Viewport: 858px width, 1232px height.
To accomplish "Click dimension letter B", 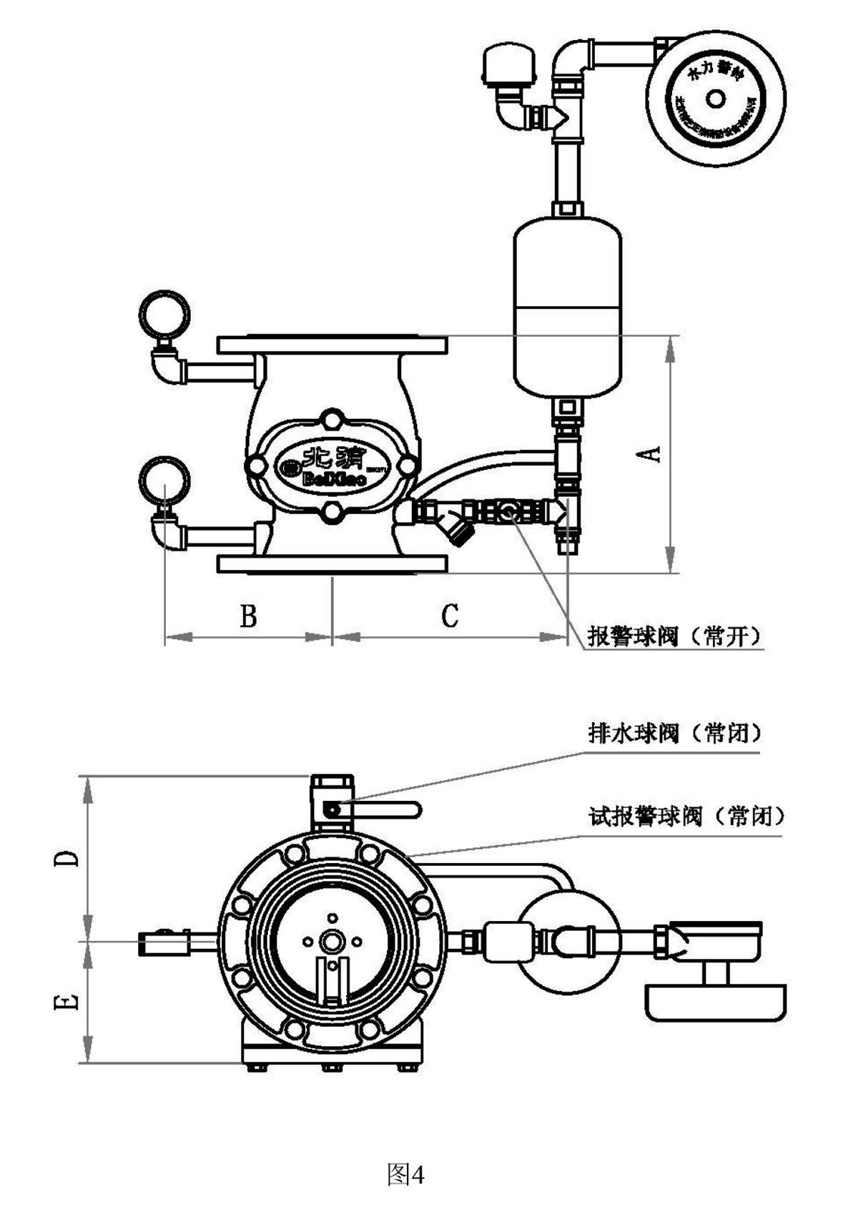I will click(x=248, y=615).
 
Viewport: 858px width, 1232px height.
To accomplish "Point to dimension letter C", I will click(x=449, y=615).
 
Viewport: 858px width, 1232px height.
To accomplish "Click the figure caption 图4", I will click(x=405, y=1174).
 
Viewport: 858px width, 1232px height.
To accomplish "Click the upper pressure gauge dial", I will click(x=164, y=312).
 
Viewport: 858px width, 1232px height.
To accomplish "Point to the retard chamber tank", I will click(x=568, y=307).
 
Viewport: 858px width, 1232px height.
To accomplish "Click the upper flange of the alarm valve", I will click(x=332, y=345).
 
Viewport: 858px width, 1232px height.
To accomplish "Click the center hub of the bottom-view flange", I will click(x=331, y=942).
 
